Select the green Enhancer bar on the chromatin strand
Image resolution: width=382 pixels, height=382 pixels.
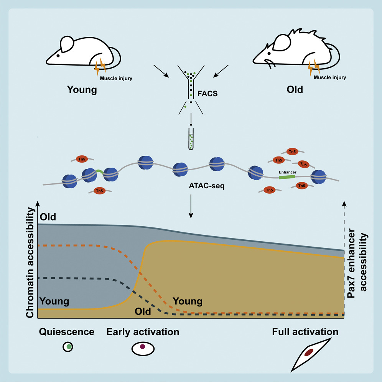(x=287, y=178)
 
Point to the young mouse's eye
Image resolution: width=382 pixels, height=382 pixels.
(x=58, y=55)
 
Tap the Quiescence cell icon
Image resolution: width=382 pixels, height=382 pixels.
(x=68, y=347)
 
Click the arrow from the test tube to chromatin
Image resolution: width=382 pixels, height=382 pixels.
(x=191, y=123)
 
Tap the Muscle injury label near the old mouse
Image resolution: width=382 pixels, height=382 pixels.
(x=329, y=77)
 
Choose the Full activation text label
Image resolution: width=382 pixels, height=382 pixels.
(x=305, y=332)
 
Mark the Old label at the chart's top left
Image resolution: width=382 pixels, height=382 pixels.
(x=48, y=217)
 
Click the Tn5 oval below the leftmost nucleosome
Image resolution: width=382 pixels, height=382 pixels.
(x=99, y=191)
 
